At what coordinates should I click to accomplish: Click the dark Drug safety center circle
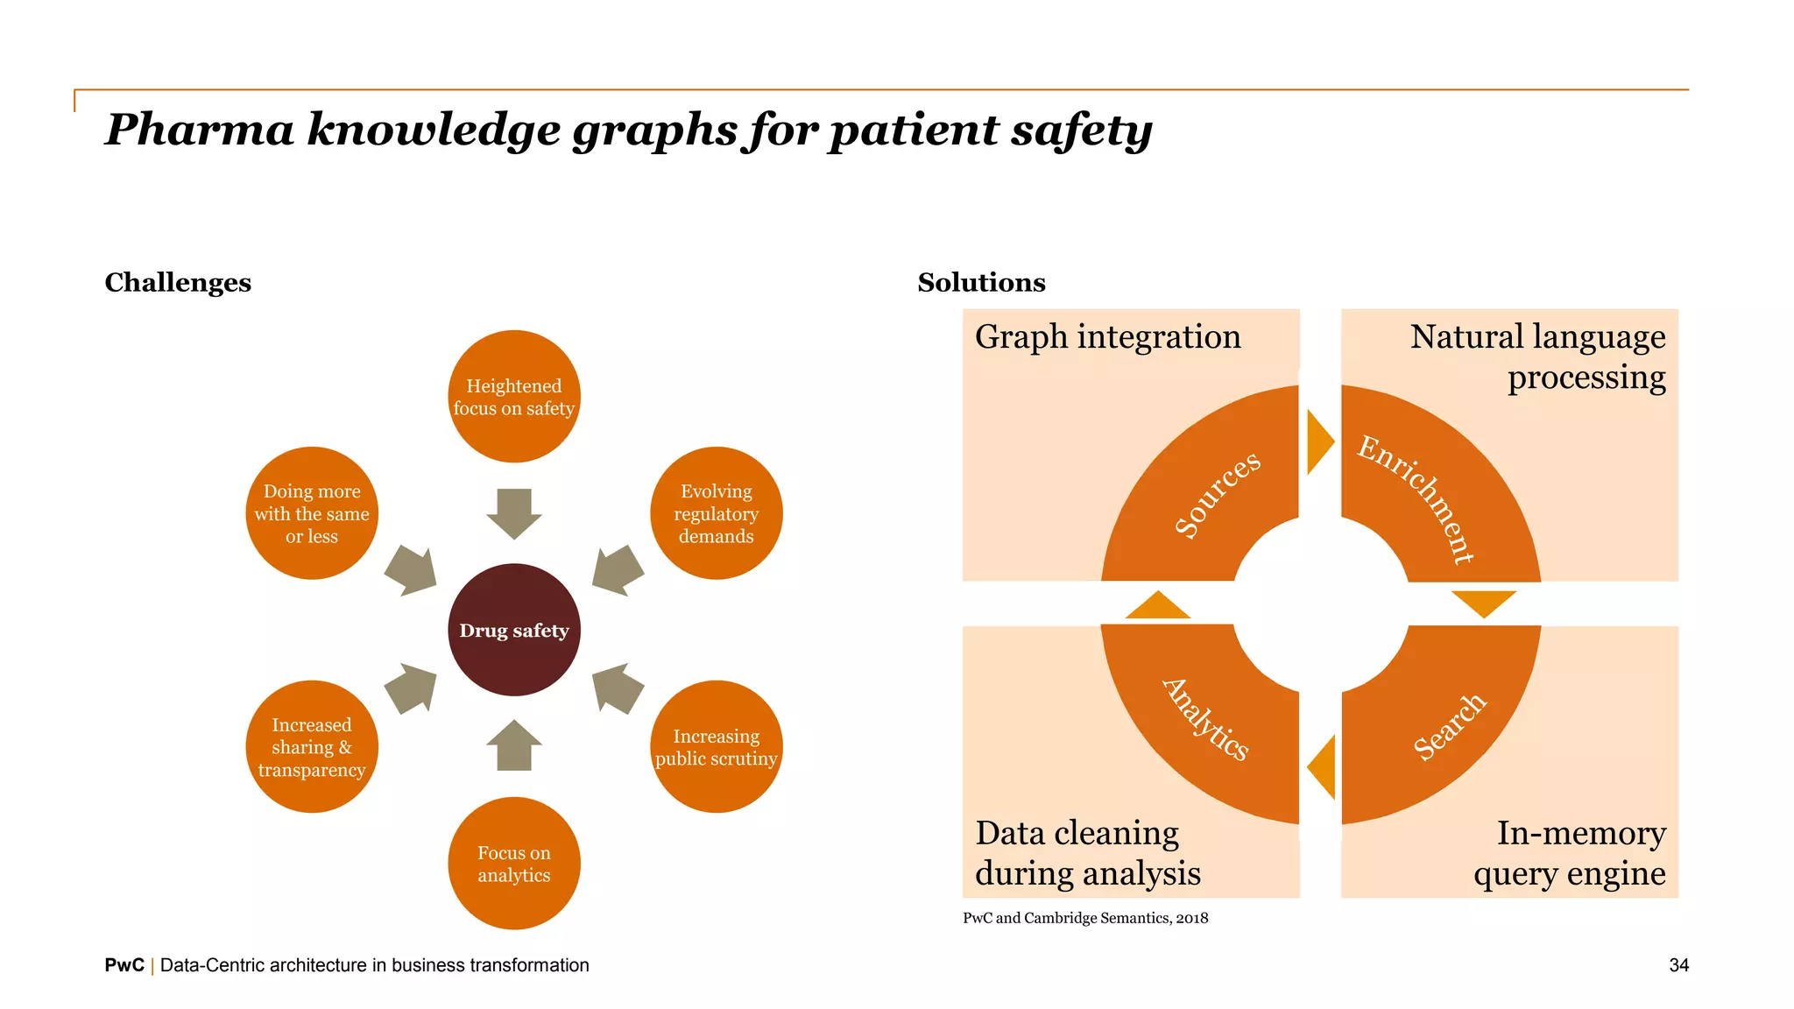(x=514, y=630)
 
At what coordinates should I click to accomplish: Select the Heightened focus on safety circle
(x=514, y=397)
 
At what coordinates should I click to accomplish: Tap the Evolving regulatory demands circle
(x=716, y=513)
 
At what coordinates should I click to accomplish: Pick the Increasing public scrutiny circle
(x=716, y=747)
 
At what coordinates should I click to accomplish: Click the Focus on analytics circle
(x=514, y=864)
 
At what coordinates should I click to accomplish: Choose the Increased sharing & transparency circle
(x=312, y=747)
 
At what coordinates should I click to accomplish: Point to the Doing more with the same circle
(x=312, y=513)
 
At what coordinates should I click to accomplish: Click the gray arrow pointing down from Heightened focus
(x=514, y=513)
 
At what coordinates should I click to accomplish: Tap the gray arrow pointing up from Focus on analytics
(x=514, y=745)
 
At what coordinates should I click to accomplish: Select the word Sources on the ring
(x=1217, y=493)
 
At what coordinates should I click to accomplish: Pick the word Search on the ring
(x=1450, y=726)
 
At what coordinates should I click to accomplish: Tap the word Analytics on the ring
(x=1206, y=719)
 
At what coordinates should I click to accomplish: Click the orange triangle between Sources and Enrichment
(x=1319, y=442)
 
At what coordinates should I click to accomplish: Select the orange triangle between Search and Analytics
(x=1323, y=767)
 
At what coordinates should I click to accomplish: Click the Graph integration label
(x=1107, y=337)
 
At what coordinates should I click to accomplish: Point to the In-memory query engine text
(x=1571, y=852)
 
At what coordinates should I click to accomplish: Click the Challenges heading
(x=178, y=282)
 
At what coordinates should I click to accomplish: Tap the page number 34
(x=1678, y=965)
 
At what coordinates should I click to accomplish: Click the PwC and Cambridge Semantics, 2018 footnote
(x=1084, y=918)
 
